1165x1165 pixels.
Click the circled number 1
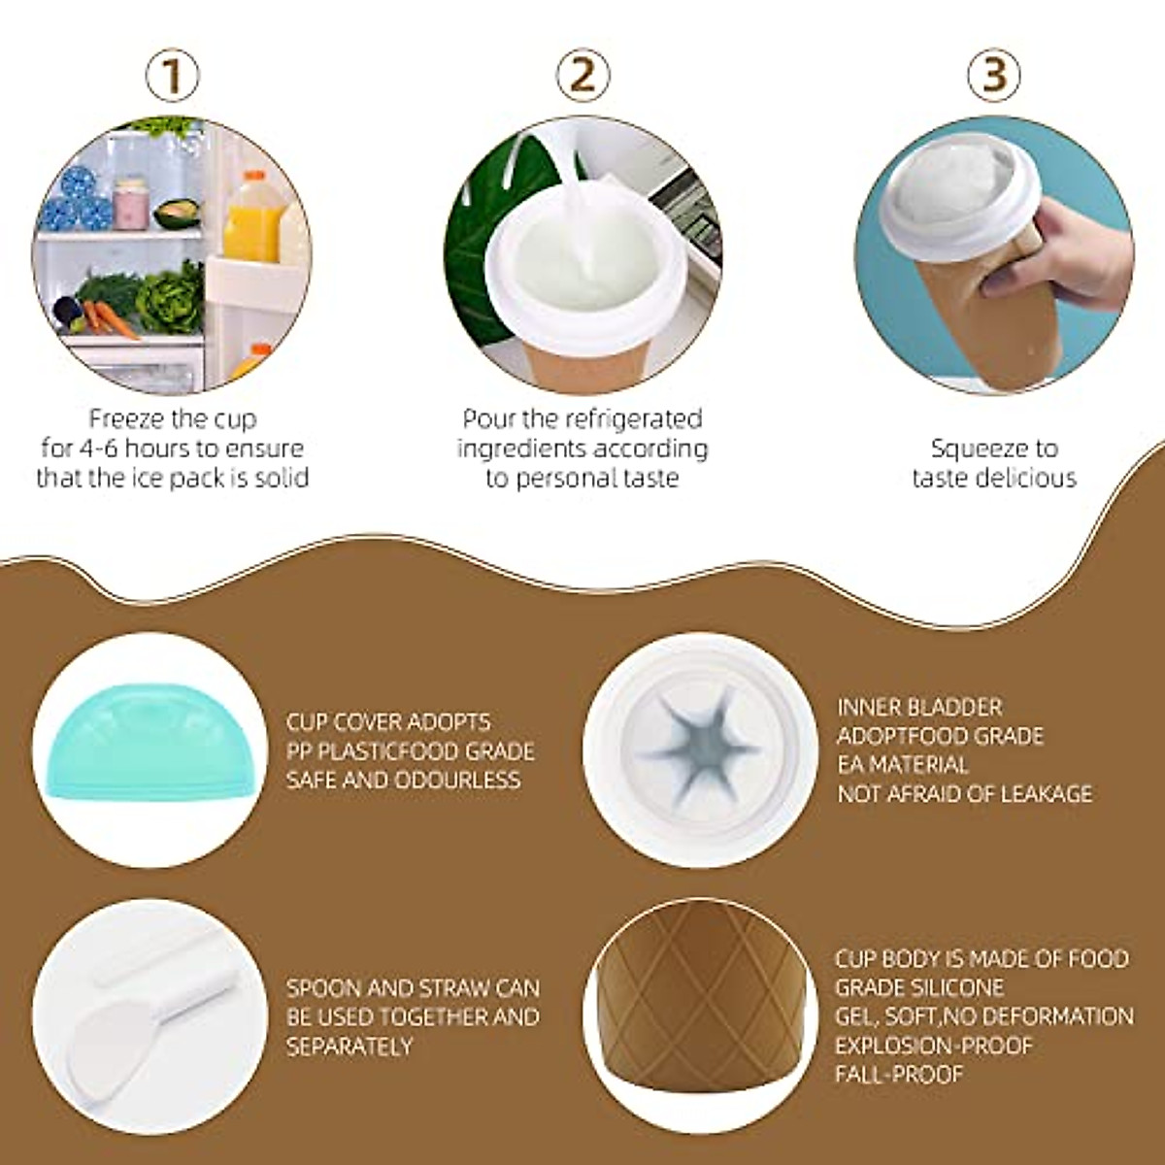pyautogui.click(x=173, y=75)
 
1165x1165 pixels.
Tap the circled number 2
pyautogui.click(x=582, y=75)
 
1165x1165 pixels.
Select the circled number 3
pyautogui.click(x=994, y=75)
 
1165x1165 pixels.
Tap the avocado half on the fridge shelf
pyautogui.click(x=178, y=213)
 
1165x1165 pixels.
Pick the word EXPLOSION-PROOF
pyautogui.click(x=934, y=1047)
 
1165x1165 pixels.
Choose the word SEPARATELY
pyautogui.click(x=349, y=1047)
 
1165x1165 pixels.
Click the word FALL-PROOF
pyautogui.click(x=899, y=1075)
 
